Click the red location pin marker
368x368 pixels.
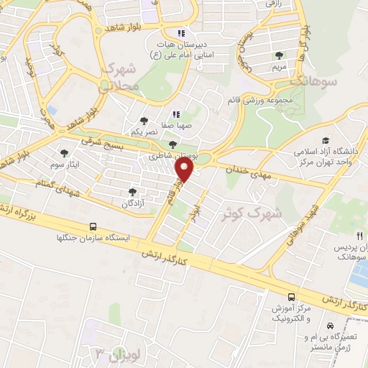185,170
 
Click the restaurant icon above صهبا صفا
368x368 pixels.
175,114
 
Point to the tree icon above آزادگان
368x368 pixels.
132,191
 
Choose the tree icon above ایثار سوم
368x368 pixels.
65,152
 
